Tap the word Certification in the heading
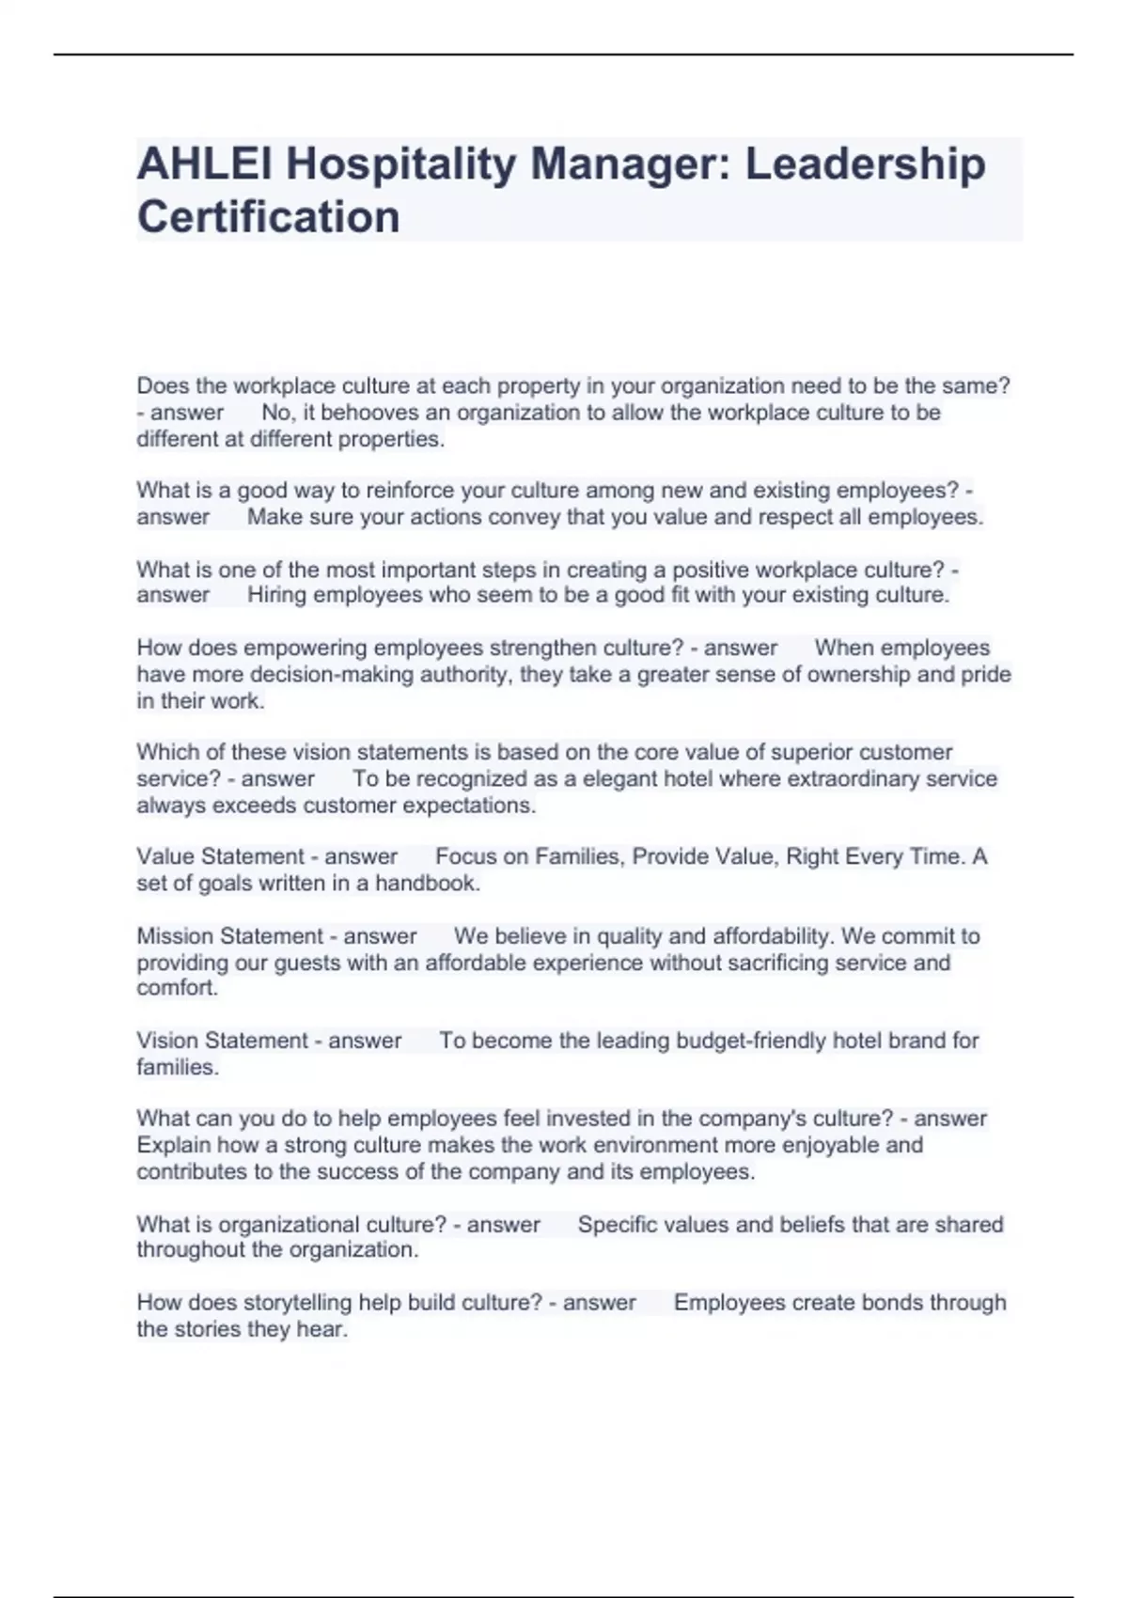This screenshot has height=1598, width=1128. pos(269,217)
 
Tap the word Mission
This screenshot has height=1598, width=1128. pos(176,936)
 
